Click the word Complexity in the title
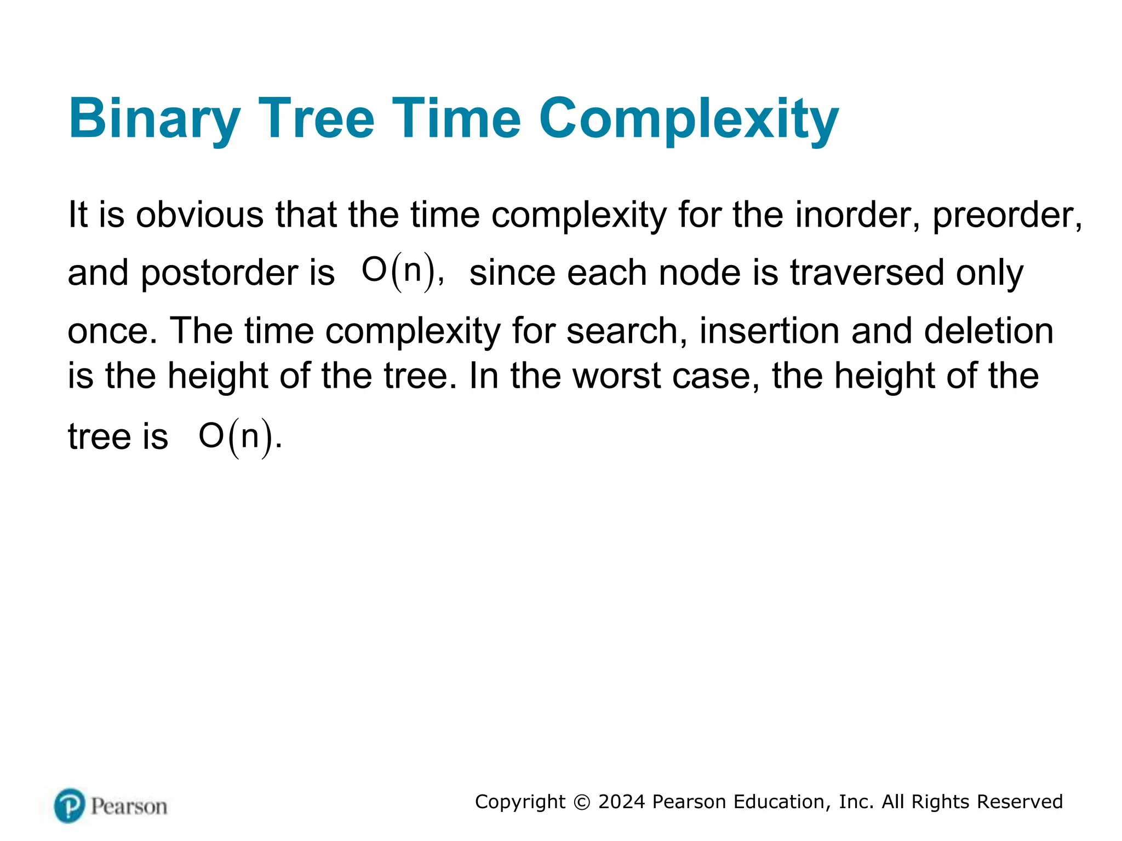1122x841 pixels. coord(689,120)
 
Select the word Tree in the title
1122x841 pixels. coord(316,119)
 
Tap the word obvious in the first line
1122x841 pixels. coord(199,215)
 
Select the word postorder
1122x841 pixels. coord(219,273)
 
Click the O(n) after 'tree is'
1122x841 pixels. coord(236,437)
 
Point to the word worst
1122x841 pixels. coord(616,376)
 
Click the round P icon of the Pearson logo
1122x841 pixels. coord(70,805)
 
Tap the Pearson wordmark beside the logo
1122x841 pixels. coord(129,807)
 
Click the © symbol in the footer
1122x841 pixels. coord(582,802)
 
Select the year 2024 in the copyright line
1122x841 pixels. coord(622,802)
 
